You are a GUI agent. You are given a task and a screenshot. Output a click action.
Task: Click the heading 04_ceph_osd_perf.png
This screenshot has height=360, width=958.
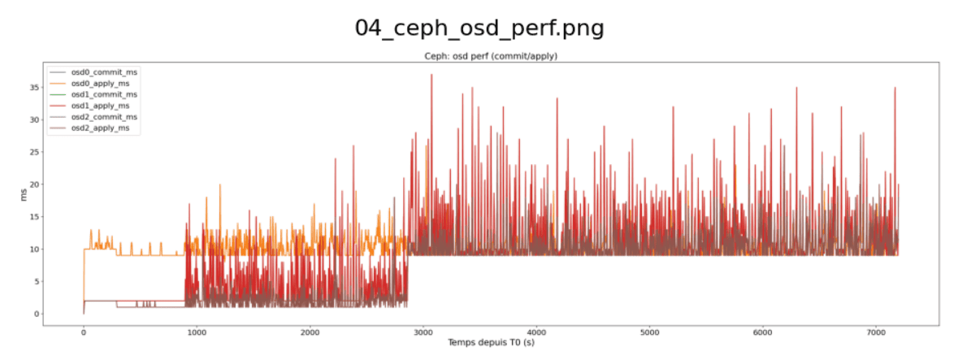479,28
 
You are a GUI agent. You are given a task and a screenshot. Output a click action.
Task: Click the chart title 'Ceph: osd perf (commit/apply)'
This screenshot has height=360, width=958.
491,56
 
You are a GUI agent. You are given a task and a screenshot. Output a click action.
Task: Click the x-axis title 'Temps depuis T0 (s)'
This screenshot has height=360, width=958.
491,343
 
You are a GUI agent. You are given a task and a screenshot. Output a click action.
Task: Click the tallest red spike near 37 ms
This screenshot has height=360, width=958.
431,76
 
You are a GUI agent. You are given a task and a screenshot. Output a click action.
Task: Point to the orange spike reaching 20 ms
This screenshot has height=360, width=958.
220,185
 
